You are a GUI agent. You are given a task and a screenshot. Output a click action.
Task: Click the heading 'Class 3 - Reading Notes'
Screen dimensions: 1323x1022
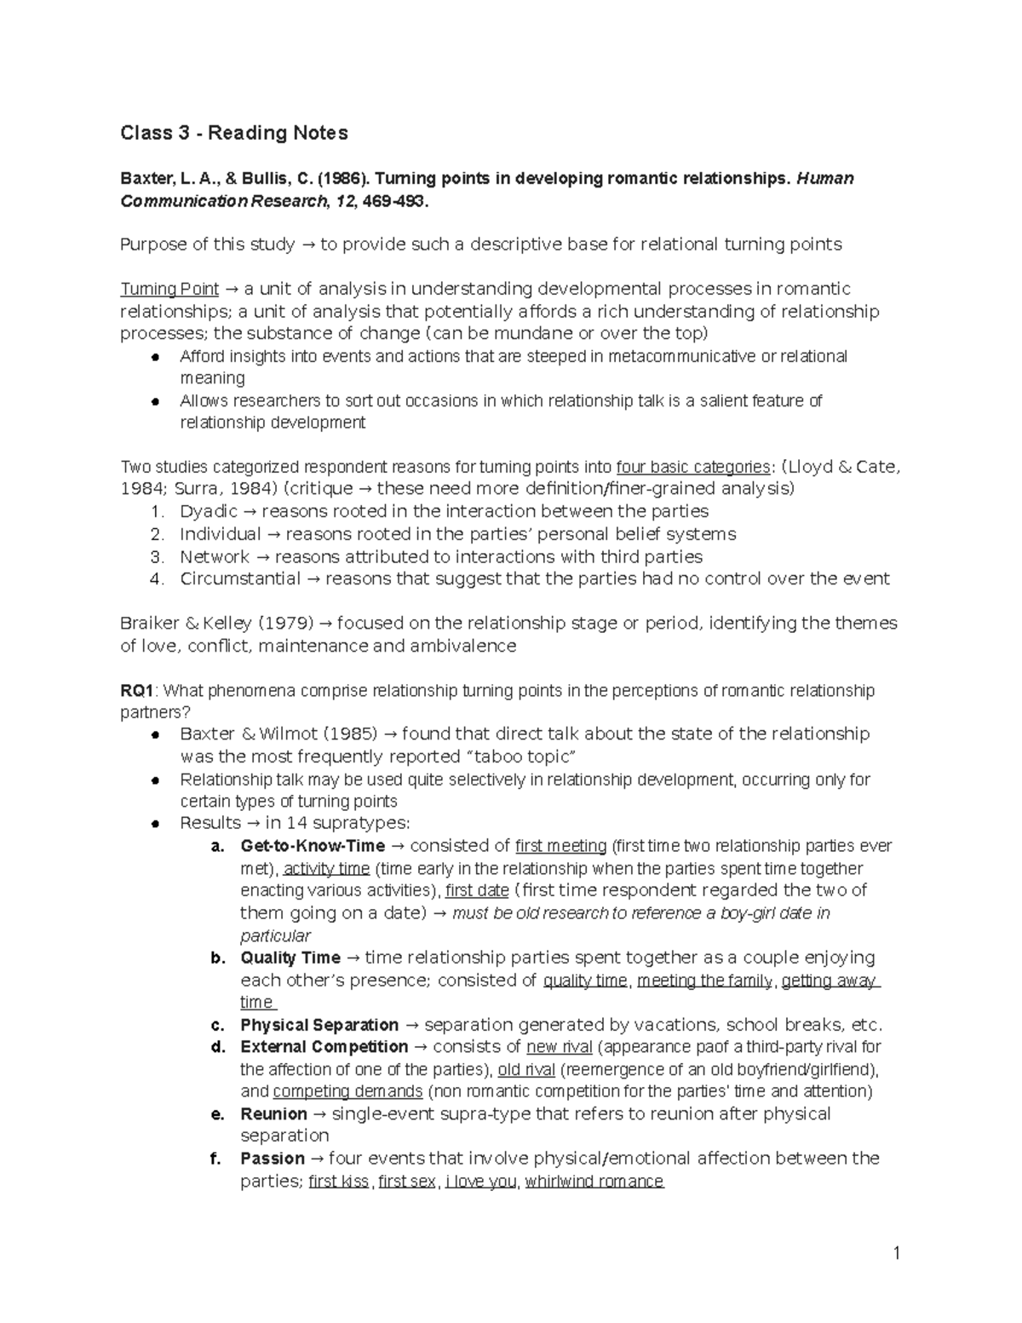click(233, 133)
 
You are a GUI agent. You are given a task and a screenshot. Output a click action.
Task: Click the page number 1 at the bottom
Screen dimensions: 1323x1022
click(896, 1252)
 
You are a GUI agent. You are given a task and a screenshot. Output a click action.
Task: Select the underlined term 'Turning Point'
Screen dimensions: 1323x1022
click(169, 289)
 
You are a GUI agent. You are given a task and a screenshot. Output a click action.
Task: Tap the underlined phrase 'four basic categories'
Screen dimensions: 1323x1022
click(692, 467)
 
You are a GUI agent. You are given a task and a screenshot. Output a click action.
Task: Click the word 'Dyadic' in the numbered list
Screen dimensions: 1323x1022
click(209, 511)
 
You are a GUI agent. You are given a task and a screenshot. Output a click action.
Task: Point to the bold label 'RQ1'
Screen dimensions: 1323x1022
click(137, 690)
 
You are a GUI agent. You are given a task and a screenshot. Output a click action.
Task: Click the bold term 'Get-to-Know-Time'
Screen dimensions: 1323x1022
click(313, 846)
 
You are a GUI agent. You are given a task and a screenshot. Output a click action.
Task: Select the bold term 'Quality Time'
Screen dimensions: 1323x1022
click(290, 958)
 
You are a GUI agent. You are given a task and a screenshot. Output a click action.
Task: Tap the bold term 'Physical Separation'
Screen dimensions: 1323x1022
click(319, 1025)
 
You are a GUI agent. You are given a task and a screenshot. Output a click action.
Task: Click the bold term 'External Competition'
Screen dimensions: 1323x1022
click(324, 1047)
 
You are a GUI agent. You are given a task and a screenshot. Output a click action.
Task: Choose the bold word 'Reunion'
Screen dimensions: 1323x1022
click(273, 1114)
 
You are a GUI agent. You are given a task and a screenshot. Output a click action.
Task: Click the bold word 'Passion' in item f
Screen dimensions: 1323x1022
click(273, 1159)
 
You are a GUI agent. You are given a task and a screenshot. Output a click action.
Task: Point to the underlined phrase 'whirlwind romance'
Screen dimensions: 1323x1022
click(594, 1182)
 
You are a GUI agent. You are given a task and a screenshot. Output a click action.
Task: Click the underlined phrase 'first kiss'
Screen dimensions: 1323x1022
click(338, 1182)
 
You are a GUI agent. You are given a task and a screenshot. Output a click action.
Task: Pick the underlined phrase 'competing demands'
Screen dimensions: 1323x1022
click(347, 1091)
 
